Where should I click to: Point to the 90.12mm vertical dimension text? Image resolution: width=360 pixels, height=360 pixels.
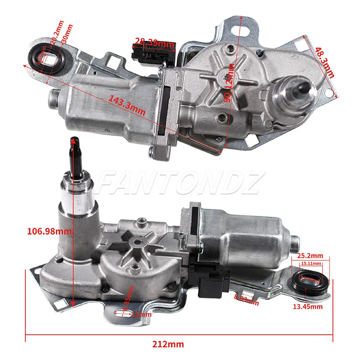point(229,83)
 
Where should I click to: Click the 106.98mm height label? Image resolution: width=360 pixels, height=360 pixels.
point(49,231)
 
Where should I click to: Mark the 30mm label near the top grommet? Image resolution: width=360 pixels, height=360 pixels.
point(67,34)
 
